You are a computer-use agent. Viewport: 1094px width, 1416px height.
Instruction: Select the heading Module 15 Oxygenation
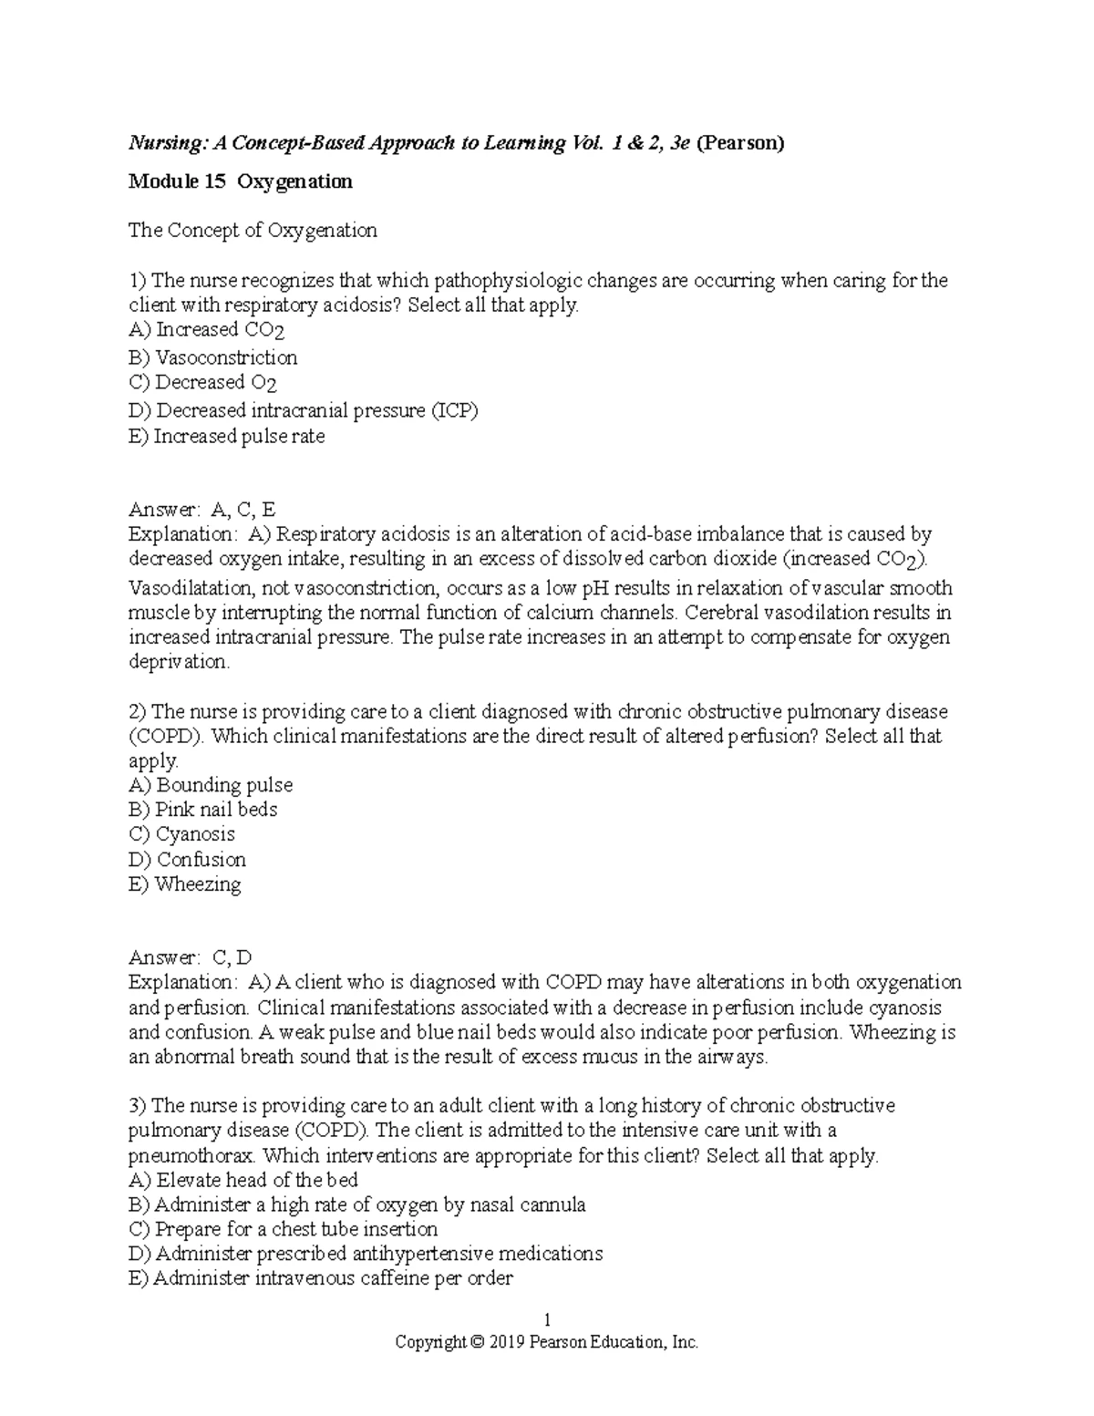[x=240, y=181]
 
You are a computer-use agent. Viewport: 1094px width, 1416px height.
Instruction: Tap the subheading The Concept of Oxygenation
[x=253, y=231]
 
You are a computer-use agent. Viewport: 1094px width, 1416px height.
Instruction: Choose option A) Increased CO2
[x=207, y=330]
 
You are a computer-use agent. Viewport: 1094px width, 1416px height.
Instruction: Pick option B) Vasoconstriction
[x=213, y=357]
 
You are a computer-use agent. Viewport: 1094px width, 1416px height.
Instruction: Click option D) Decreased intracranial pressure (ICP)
[x=304, y=411]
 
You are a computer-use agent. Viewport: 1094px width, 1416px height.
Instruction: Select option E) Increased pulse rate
[x=227, y=437]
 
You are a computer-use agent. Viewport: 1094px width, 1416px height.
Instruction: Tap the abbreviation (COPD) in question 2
[x=167, y=737]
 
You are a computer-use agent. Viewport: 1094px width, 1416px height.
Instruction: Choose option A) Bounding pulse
[x=211, y=785]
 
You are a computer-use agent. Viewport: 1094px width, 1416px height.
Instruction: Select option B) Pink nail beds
[x=203, y=810]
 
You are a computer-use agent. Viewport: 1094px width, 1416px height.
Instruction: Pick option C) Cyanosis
[x=182, y=834]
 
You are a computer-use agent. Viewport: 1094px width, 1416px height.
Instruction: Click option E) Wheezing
[x=185, y=884]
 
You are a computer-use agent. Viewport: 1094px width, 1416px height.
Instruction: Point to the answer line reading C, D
[x=191, y=957]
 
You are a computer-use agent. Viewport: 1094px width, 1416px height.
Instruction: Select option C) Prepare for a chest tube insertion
[x=284, y=1229]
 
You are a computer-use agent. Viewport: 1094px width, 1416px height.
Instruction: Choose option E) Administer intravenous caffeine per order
[x=321, y=1278]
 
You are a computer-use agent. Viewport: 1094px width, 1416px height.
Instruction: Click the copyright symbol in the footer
[x=478, y=1343]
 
